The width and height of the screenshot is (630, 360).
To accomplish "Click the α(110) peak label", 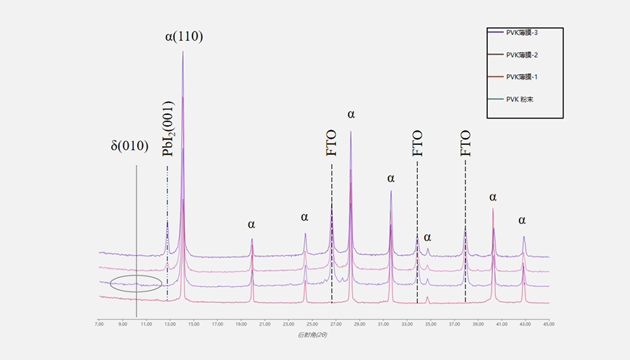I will point(184,36).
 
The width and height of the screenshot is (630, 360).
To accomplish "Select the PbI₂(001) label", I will point(168,142).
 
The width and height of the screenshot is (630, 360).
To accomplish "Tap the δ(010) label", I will point(129,146).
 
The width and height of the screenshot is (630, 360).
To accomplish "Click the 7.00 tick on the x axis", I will point(99,324).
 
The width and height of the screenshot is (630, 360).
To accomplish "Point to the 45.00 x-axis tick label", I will point(549,324).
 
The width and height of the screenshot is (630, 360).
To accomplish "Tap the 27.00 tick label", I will point(335,324).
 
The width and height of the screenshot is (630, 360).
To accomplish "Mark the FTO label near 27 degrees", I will point(332,143).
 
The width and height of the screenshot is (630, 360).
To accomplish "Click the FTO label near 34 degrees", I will point(417,143).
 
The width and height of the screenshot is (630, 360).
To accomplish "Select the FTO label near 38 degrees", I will point(465,143).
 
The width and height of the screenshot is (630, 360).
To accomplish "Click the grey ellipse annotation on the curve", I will point(136,283).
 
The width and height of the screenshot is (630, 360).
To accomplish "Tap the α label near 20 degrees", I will point(251,225).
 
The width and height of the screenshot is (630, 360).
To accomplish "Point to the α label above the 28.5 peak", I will point(351,114).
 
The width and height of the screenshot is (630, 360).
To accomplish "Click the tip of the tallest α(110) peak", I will point(183,51).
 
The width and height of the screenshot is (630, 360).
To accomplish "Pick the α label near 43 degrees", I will point(522,221).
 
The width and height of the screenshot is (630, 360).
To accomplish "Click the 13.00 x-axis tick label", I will point(170,324).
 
